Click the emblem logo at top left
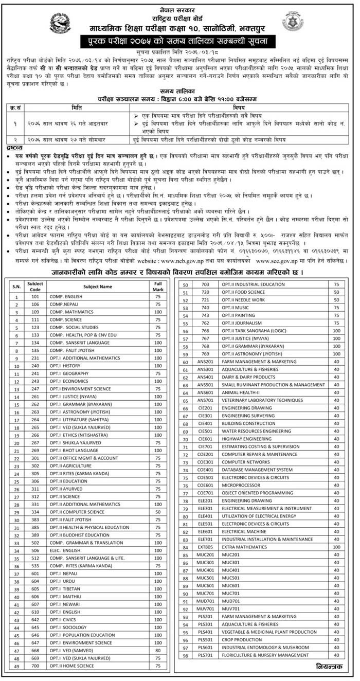tap(61, 23)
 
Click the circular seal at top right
tap(293, 21)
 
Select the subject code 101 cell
tap(35, 297)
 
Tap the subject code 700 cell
tap(35, 666)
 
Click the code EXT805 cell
tap(205, 547)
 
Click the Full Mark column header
tap(157, 286)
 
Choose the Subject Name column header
tap(98, 286)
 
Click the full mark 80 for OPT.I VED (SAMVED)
tap(157, 650)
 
